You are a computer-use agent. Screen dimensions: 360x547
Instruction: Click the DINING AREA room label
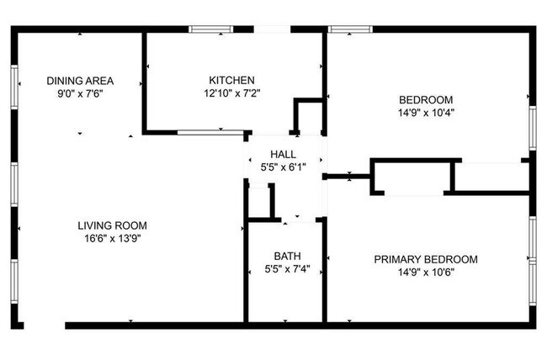click(x=80, y=82)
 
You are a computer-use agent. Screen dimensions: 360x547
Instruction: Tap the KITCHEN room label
click(x=231, y=81)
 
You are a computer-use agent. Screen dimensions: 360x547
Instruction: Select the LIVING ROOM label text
click(x=112, y=225)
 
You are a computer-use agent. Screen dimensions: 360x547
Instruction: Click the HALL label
click(x=282, y=154)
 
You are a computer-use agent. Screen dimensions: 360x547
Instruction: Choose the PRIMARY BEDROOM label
click(x=426, y=259)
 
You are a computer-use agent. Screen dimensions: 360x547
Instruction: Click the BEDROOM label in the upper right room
click(x=426, y=99)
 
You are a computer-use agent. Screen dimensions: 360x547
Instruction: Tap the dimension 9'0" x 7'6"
click(x=80, y=94)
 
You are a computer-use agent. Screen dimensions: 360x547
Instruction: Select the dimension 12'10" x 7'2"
click(x=231, y=93)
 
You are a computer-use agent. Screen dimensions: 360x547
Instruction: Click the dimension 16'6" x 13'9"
click(x=112, y=238)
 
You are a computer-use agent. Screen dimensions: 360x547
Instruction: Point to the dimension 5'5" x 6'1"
click(x=282, y=167)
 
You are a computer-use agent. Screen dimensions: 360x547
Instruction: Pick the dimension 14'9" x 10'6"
click(x=426, y=272)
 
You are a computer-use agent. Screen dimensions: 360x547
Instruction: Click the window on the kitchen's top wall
click(x=210, y=29)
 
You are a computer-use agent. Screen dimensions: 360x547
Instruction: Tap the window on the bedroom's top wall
click(x=349, y=29)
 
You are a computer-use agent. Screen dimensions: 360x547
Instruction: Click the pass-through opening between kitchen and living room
click(x=210, y=131)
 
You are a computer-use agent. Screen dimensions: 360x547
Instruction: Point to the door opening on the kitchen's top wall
click(x=272, y=29)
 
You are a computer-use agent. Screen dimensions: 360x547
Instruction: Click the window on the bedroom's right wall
click(x=532, y=128)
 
